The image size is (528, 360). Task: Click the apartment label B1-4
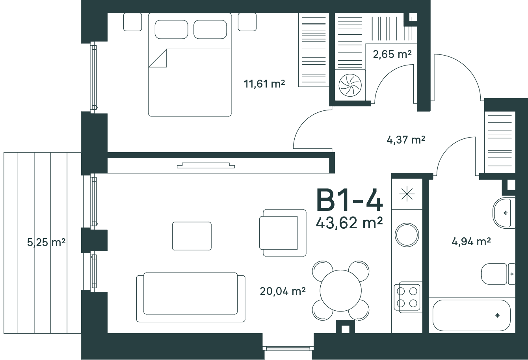click(350, 200)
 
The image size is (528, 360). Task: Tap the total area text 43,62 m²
click(349, 223)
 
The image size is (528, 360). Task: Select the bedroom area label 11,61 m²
click(264, 84)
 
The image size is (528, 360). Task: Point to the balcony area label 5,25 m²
click(46, 242)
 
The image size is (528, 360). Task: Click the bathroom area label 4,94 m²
click(471, 242)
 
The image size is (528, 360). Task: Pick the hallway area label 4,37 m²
click(406, 140)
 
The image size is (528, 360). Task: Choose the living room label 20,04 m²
click(283, 291)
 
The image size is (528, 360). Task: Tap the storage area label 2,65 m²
click(392, 54)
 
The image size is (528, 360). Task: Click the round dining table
click(340, 291)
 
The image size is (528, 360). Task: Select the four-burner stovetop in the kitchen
click(407, 297)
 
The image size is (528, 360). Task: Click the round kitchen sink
click(407, 235)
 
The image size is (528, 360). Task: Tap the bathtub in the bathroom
click(472, 315)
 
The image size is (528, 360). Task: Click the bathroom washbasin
click(504, 213)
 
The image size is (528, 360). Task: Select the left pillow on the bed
click(171, 30)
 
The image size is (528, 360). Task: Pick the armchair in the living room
click(283, 233)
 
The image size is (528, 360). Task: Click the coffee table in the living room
click(192, 236)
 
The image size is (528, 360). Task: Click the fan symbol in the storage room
click(350, 85)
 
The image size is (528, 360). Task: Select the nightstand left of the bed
click(133, 22)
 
